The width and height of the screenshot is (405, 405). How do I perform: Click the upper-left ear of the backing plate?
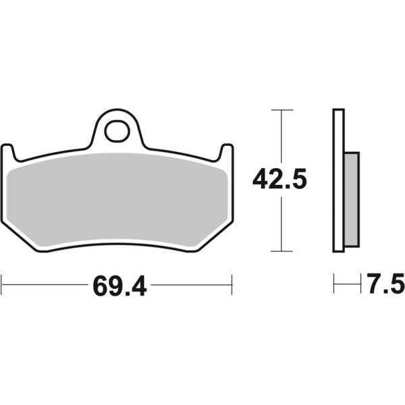coord(9,151)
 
